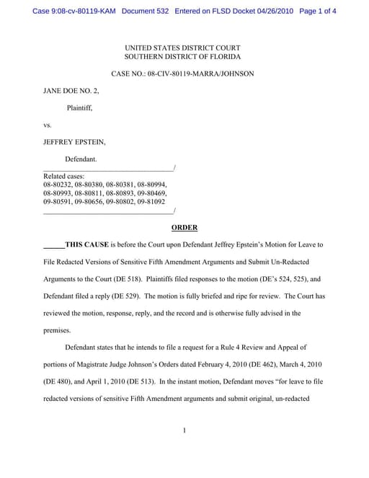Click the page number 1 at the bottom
tap(184, 430)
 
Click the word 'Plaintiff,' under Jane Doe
tap(79, 108)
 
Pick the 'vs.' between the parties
tap(48, 125)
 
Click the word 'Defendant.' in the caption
tap(81, 159)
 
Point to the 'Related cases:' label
tap(64, 176)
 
